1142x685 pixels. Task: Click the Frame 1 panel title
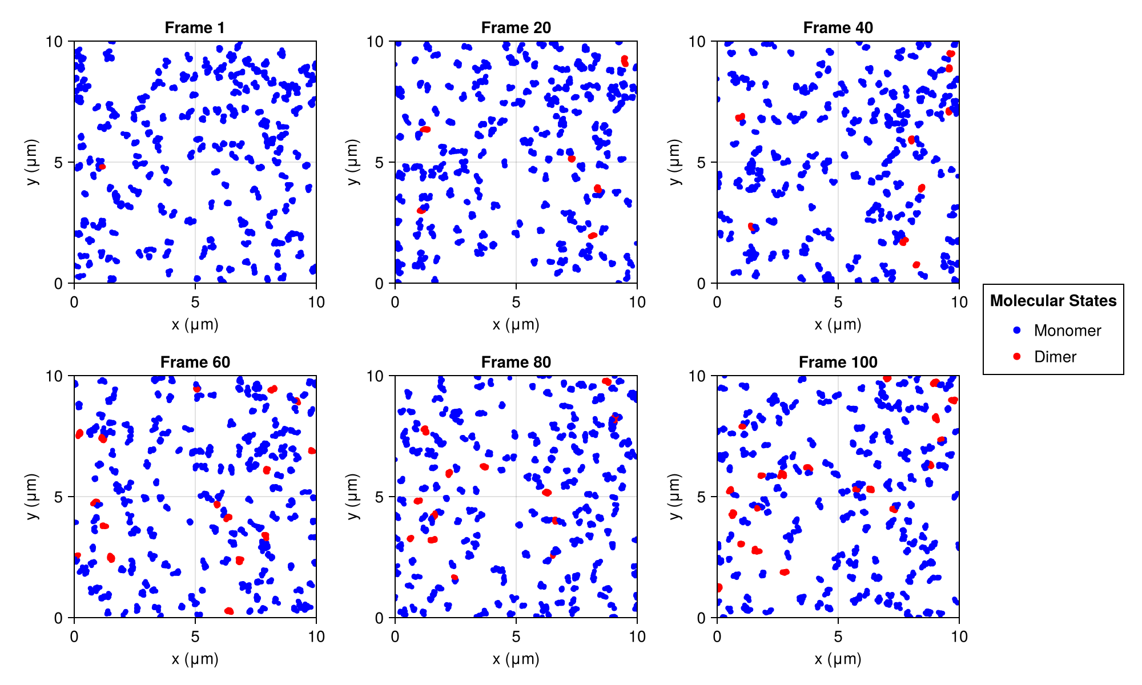195,27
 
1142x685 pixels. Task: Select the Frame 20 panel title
516,27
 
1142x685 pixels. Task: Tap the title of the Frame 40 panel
838,27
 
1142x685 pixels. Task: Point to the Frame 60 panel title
195,362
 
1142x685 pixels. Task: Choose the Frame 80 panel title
516,362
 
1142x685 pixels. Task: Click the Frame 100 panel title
838,362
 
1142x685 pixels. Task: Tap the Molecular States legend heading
1053,301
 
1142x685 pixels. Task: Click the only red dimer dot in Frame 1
102,167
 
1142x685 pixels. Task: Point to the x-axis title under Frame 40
838,325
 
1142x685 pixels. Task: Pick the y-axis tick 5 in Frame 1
59,162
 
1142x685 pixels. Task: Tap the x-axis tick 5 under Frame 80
516,636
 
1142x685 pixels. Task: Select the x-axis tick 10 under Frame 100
959,636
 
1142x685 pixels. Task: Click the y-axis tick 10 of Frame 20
375,41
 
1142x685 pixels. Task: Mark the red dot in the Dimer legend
1016,357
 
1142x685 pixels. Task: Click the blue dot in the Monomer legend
1016,331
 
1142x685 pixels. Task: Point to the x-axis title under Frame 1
195,325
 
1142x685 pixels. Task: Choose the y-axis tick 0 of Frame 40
702,283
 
